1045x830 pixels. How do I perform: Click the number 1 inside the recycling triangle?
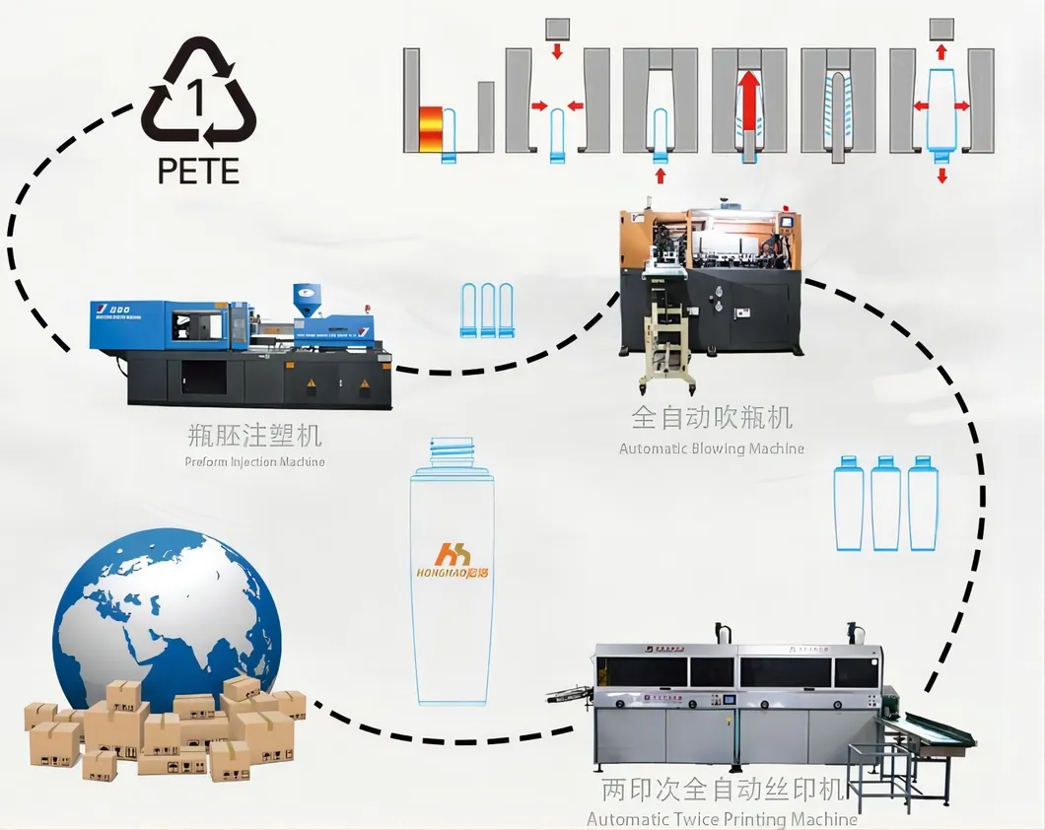pos(198,99)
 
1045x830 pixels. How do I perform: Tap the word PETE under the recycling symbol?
pos(198,171)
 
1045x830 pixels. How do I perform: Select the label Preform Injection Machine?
pos(254,461)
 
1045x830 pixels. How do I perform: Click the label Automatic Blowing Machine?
pos(711,449)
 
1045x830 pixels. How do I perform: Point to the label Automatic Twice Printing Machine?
pos(722,819)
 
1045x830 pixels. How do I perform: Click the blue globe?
pos(167,611)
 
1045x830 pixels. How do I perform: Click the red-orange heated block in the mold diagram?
pos(429,128)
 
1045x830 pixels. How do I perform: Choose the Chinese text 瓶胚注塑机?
pos(254,435)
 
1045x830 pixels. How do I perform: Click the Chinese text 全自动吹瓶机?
pos(711,418)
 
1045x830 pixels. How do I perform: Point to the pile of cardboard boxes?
pos(163,727)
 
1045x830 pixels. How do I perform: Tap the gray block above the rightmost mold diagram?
pos(941,28)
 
